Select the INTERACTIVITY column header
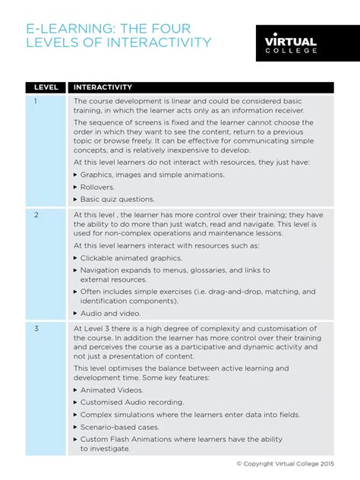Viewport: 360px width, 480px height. click(103, 87)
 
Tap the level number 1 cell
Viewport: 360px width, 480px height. click(35, 102)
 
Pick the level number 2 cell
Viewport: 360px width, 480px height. click(35, 215)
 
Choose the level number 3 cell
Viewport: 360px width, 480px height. click(35, 329)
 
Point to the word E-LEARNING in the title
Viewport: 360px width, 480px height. click(64, 27)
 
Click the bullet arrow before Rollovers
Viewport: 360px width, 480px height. click(76, 187)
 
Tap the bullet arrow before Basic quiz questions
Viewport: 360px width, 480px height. click(76, 199)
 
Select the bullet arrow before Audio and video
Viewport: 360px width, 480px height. click(76, 313)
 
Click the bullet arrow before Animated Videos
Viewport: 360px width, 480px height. click(76, 390)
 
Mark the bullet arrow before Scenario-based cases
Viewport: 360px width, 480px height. click(76, 427)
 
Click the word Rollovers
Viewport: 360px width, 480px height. click(98, 187)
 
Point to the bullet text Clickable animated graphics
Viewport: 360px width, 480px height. click(130, 257)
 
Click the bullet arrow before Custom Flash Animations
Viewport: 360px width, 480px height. click(76, 439)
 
